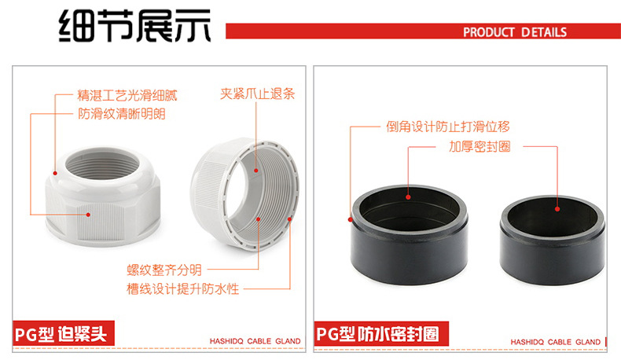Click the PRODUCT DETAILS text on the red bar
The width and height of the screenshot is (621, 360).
pos(514,32)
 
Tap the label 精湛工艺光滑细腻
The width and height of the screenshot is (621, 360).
pos(127,96)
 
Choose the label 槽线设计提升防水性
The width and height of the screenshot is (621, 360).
pos(182,288)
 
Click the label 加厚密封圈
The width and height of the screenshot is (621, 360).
pos(480,146)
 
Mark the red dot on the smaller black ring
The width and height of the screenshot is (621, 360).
pos(557,209)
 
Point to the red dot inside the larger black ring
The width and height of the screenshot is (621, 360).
pos(407,200)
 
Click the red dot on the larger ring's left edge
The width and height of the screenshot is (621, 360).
pos(350,219)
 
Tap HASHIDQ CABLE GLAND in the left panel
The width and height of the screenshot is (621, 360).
pos(251,342)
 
